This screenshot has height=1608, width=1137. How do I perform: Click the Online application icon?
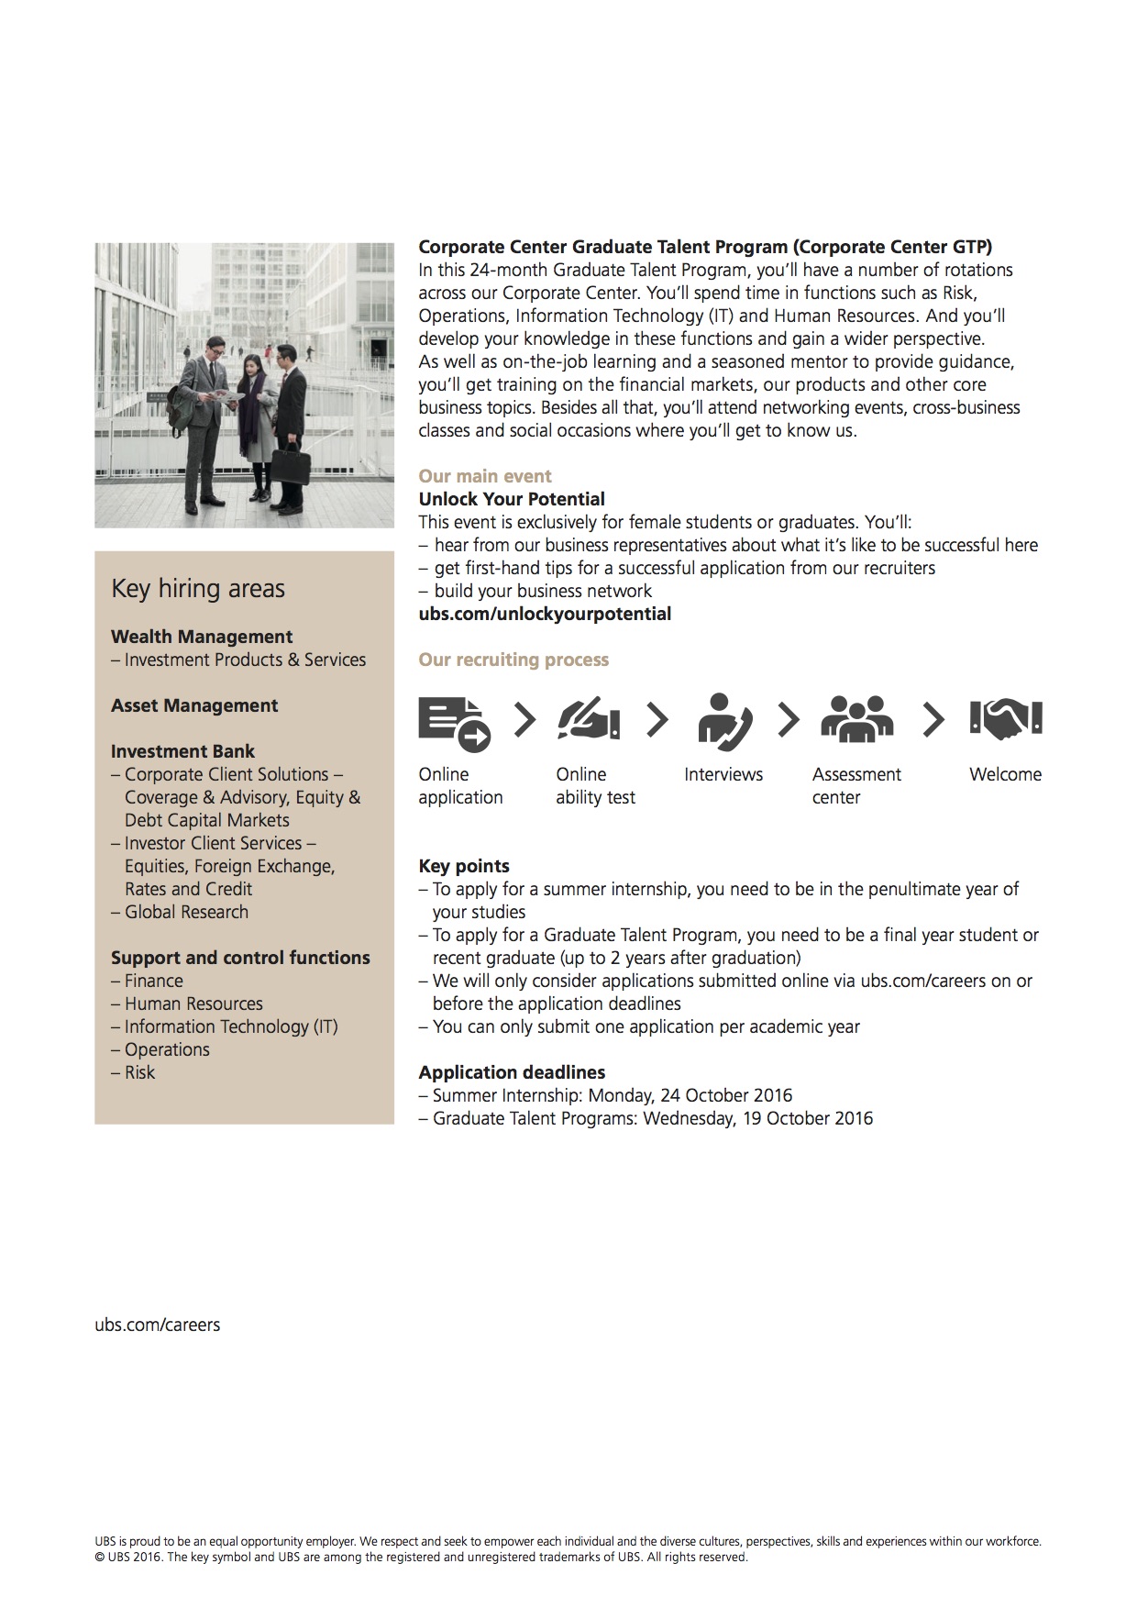[454, 722]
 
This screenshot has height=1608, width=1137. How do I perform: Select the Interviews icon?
[724, 721]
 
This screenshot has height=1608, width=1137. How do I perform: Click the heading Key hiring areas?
[198, 589]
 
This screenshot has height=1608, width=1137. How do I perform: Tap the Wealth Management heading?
[202, 637]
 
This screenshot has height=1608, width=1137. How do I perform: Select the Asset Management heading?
[194, 705]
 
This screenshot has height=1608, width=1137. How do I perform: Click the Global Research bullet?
[186, 912]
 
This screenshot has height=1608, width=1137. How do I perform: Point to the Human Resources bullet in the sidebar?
[193, 1004]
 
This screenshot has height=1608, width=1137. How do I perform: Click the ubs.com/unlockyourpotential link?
[545, 614]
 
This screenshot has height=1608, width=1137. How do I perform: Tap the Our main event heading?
[485, 476]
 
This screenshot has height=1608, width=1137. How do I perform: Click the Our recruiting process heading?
[513, 660]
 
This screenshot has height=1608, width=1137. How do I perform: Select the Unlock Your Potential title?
[512, 499]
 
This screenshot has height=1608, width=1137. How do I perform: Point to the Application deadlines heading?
[512, 1072]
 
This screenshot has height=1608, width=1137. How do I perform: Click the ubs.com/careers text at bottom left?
[158, 1325]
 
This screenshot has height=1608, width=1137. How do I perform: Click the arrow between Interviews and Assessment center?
[789, 720]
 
